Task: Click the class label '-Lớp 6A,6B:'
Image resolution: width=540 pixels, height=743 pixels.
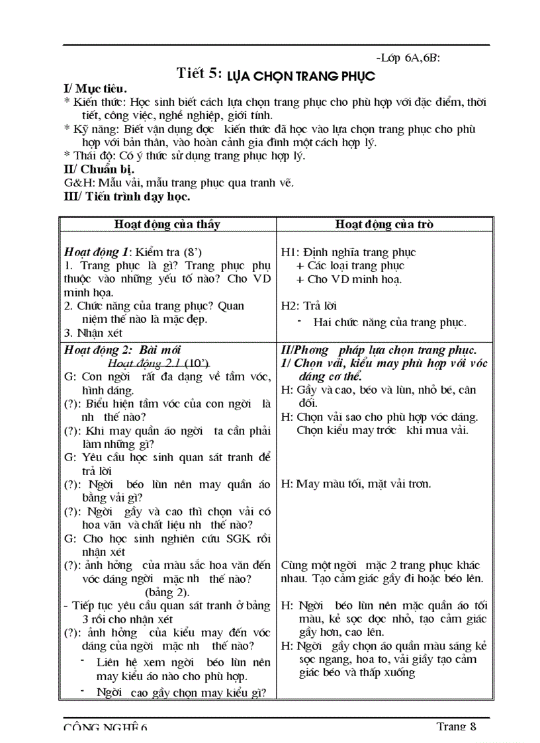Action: pyautogui.click(x=407, y=58)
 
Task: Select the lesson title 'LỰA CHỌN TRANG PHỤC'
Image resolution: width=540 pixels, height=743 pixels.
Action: pyautogui.click(x=301, y=76)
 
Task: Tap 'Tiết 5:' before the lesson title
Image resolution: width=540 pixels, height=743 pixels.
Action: pyautogui.click(x=199, y=73)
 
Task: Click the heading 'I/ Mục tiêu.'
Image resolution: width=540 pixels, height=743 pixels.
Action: pyautogui.click(x=95, y=89)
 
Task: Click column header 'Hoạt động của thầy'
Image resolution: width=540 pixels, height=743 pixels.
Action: pyautogui.click(x=167, y=224)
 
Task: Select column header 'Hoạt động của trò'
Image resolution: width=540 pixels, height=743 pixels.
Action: pyautogui.click(x=384, y=224)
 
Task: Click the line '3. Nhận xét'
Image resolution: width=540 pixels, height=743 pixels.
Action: pyautogui.click(x=93, y=333)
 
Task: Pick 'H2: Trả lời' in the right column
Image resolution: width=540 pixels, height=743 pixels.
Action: pyautogui.click(x=309, y=306)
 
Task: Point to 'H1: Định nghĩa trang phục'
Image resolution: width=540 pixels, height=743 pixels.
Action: pyautogui.click(x=349, y=252)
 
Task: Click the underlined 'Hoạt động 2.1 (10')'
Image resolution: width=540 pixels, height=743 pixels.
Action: pyautogui.click(x=158, y=363)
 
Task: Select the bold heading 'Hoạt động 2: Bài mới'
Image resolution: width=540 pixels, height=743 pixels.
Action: pyautogui.click(x=122, y=350)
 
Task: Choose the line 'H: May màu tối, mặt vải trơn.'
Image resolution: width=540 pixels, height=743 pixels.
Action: pyautogui.click(x=356, y=484)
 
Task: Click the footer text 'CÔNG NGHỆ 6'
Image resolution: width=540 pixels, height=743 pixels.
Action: pyautogui.click(x=106, y=726)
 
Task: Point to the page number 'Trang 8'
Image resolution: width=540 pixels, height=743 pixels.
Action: pyautogui.click(x=456, y=726)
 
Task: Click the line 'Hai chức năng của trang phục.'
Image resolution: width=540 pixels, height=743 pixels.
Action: pyautogui.click(x=390, y=323)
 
